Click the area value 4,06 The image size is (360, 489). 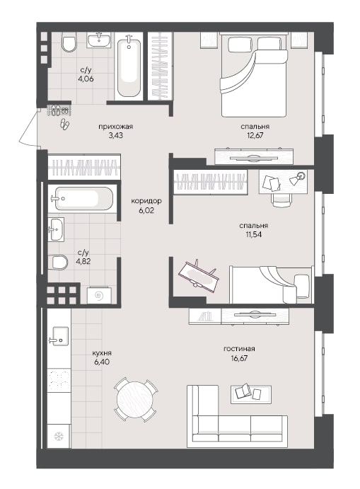[x=86, y=79]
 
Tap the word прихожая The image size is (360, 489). [x=115, y=127]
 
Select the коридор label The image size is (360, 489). [x=146, y=201]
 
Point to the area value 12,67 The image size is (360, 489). [x=255, y=135]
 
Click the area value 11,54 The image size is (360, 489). [x=253, y=234]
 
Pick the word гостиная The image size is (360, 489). [x=239, y=349]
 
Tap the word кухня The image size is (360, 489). [x=102, y=353]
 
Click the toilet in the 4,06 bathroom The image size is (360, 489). [x=69, y=42]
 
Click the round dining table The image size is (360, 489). [x=136, y=399]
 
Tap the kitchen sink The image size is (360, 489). [x=59, y=337]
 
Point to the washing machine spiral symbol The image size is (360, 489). [x=99, y=295]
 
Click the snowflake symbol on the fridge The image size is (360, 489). [x=59, y=436]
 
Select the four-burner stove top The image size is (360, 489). [x=59, y=380]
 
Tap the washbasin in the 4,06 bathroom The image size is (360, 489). [x=98, y=40]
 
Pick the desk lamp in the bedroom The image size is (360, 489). [x=298, y=178]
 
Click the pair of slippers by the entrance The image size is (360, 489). [x=65, y=124]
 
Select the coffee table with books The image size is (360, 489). [x=250, y=393]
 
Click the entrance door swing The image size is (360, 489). [x=28, y=128]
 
